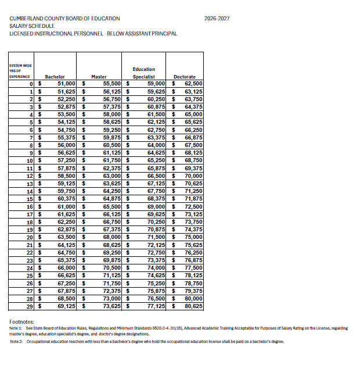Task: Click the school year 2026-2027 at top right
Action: click(217, 19)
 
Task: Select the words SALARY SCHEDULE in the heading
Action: click(32, 26)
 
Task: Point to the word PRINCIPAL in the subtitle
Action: click(163, 34)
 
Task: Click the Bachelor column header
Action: click(55, 77)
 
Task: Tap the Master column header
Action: click(99, 77)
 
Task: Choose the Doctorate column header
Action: click(185, 77)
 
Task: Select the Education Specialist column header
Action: click(144, 73)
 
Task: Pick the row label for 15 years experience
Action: click(30, 199)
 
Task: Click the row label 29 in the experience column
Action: click(30, 305)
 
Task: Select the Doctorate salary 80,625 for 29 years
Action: click(193, 305)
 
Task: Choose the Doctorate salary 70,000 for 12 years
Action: click(193, 176)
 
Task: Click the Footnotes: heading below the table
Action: click(23, 321)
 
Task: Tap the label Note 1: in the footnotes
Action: click(16, 329)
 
